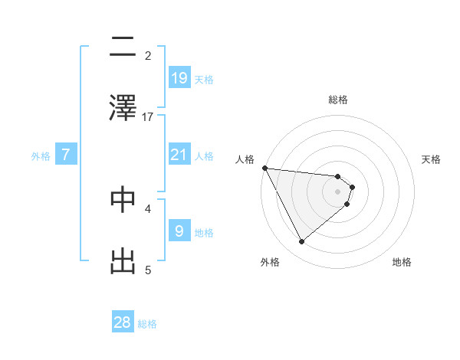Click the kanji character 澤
coord(123,106)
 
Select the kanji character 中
coord(123,200)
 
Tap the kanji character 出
coord(123,260)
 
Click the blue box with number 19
coord(179,78)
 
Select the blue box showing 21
coord(179,155)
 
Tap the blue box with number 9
coord(179,231)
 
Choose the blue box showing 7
coord(66,155)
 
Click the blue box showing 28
coord(123,322)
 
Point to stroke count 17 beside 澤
coord(148,117)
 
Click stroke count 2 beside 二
coord(148,56)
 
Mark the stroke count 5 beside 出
coord(148,270)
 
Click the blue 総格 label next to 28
coord(147,324)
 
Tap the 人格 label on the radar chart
coord(245,159)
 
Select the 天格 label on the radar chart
coord(432,159)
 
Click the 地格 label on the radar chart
coord(402,262)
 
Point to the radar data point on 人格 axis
coord(264,168)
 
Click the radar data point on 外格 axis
coord(301,242)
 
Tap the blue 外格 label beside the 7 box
coord(41,156)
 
